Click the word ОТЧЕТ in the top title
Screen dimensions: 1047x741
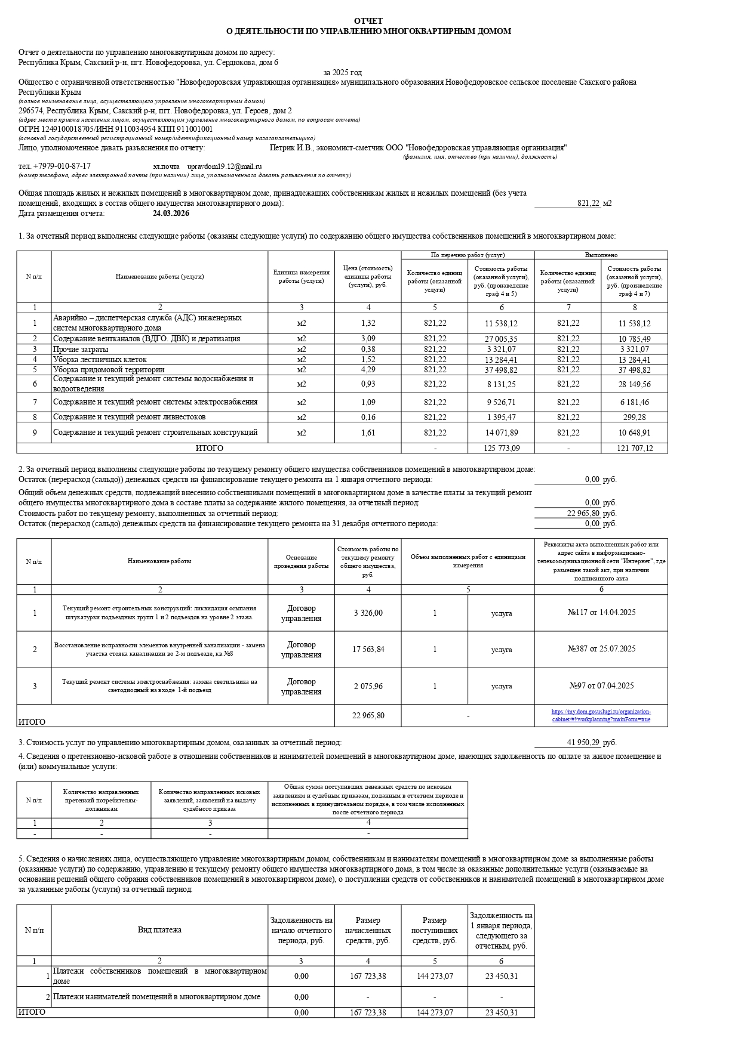coord(368,21)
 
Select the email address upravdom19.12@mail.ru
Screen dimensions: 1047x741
coord(225,166)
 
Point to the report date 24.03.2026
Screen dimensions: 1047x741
coord(171,213)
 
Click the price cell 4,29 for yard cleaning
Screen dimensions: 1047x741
coord(368,370)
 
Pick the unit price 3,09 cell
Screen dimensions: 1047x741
coord(368,339)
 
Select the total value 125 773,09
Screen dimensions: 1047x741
coord(502,448)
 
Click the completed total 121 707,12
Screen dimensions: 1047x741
coord(635,448)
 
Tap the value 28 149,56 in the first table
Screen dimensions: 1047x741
coord(635,384)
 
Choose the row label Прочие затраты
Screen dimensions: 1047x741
coord(81,350)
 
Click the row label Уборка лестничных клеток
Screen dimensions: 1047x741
coord(100,360)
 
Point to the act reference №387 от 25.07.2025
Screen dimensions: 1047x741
coord(601,649)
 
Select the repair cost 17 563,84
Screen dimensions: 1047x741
coord(368,650)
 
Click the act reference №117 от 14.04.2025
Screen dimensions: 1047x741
coord(601,613)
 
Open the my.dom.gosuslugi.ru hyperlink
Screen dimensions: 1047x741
coord(601,715)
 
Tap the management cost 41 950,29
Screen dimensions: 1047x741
coord(583,743)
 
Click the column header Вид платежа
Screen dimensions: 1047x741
coord(159,930)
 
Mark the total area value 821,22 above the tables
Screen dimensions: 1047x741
coord(588,203)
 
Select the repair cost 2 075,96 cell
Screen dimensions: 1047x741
coord(368,686)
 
